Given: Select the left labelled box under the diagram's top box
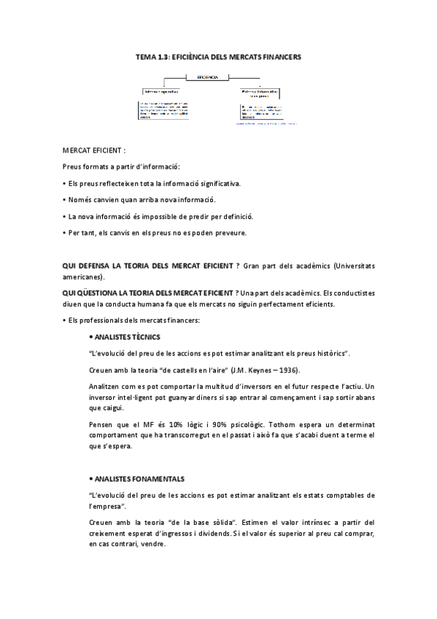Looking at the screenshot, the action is click(161, 92).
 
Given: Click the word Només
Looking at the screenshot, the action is click(82, 199).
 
